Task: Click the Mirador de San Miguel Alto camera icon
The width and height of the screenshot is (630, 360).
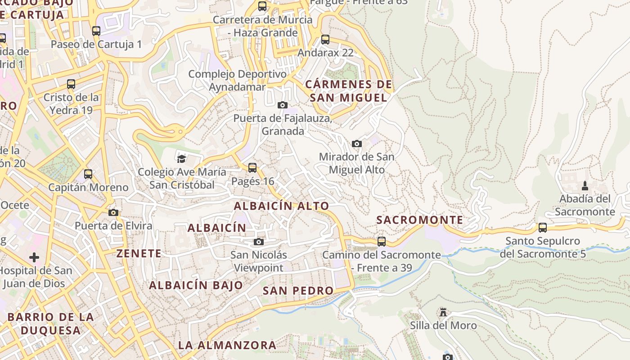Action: pos(357,144)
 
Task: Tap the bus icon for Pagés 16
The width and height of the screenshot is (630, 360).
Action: pos(252,168)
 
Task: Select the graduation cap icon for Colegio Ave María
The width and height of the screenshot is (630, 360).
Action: pos(181,158)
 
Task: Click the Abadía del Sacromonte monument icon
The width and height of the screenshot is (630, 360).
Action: pos(585,185)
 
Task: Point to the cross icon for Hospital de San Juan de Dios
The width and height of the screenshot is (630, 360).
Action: pos(34,257)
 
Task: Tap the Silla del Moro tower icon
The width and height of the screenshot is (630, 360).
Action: pos(443,312)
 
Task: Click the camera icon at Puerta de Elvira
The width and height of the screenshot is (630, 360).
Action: pos(113,212)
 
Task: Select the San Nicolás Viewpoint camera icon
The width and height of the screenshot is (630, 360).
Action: pos(258,242)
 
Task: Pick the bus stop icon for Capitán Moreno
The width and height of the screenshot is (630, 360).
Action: pos(88,174)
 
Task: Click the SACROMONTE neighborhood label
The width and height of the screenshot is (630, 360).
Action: pos(419,220)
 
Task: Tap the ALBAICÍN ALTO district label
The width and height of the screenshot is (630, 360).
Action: pos(281,206)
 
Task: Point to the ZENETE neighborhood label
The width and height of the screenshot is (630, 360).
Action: pos(139,254)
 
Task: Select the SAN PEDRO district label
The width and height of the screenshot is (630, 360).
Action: pos(298,291)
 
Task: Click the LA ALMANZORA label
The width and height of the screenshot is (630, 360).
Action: pos(227,346)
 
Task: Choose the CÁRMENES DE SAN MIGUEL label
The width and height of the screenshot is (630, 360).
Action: pos(349,91)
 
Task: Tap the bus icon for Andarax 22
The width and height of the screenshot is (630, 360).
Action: pos(325,40)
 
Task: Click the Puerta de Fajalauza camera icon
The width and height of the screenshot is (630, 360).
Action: pos(283,105)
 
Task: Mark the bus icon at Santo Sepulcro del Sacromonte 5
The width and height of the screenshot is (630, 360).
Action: pos(543,228)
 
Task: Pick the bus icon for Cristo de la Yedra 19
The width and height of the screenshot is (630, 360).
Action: pos(71,84)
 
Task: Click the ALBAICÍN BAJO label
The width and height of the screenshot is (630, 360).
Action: pos(196,285)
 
